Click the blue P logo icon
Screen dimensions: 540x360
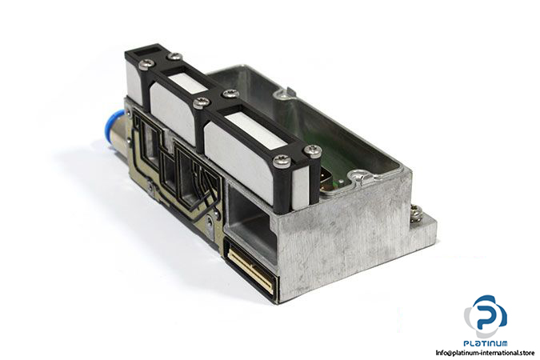tap(486, 315)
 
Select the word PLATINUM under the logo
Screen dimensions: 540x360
tap(486, 343)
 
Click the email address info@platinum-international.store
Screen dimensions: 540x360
tap(485, 353)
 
